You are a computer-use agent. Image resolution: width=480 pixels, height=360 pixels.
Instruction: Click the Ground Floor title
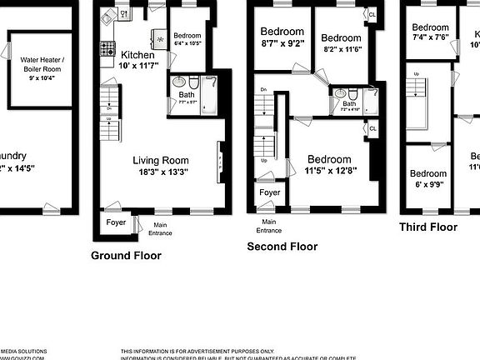[x=126, y=256]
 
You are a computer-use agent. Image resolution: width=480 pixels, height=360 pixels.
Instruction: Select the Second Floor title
[x=282, y=247]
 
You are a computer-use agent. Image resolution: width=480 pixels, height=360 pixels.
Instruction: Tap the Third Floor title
[x=427, y=227]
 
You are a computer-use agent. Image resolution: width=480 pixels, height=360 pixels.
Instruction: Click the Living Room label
[x=161, y=161]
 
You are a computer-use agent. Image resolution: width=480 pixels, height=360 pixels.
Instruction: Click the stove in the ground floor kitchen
[x=107, y=50]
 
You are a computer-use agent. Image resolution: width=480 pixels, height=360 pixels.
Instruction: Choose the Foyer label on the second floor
[x=269, y=192]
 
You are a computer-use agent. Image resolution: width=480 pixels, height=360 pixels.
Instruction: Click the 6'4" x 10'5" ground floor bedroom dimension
[x=187, y=43]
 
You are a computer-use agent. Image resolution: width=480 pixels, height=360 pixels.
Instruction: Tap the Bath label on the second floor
[x=349, y=104]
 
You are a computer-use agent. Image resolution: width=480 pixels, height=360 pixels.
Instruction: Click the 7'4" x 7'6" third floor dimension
[x=431, y=37]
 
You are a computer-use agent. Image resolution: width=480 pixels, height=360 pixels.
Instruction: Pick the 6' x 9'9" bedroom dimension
[x=428, y=186]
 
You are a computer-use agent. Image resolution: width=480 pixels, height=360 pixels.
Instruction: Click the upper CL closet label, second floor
[x=372, y=15]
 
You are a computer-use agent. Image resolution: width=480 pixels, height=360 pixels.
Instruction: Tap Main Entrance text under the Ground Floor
[x=159, y=227]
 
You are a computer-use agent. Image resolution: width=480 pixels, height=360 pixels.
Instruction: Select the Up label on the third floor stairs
[x=417, y=75]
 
